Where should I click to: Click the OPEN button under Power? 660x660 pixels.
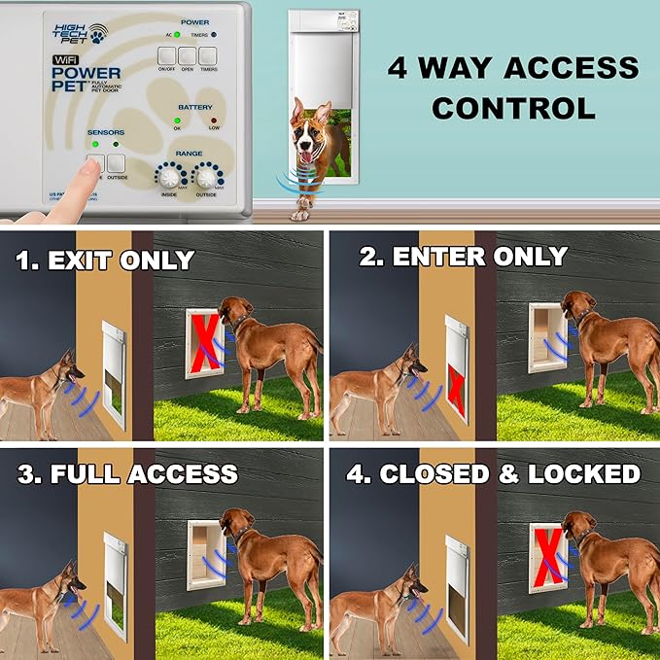(187, 56)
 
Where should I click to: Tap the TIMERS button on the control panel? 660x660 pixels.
(208, 56)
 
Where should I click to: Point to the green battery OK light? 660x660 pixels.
(178, 121)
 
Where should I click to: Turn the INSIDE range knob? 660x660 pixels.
(171, 177)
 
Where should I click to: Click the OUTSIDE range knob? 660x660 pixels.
(207, 177)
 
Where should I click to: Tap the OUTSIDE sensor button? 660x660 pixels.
(117, 162)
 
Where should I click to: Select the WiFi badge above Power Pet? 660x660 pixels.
(68, 59)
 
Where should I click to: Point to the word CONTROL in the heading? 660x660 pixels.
(513, 107)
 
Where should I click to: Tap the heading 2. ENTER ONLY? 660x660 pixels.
(463, 257)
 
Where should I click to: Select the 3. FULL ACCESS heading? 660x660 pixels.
(127, 474)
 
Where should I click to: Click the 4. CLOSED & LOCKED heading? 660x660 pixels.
(495, 474)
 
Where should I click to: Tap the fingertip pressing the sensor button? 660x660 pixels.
(88, 167)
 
